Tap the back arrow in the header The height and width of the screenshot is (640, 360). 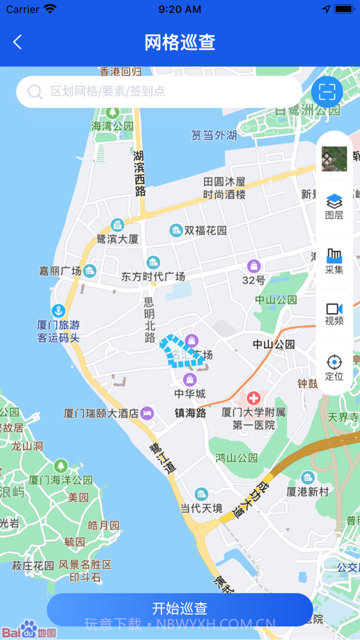(17, 42)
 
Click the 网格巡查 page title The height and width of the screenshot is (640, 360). (180, 42)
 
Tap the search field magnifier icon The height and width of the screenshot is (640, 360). (35, 92)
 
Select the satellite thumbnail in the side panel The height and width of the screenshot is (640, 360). (334, 158)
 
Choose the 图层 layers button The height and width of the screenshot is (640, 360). (334, 206)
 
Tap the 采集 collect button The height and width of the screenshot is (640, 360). (334, 261)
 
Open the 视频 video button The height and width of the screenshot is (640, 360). (334, 314)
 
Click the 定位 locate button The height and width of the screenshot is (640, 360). (334, 367)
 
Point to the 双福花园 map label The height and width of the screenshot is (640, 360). (205, 230)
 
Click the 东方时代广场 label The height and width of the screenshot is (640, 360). (153, 276)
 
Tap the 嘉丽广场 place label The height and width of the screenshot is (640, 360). (60, 271)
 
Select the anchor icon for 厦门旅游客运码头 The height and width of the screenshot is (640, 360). (59, 311)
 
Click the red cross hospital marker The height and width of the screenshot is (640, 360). (254, 398)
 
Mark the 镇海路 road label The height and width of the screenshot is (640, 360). (191, 413)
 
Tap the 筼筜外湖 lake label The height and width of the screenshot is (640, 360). (214, 135)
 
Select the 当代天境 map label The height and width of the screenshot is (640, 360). (201, 508)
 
